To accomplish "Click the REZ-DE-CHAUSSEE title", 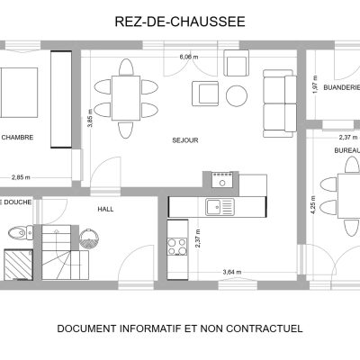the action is (x=180, y=22).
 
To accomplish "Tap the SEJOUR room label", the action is (x=185, y=140).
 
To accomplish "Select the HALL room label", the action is (x=105, y=209).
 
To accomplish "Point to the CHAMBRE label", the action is (x=17, y=138).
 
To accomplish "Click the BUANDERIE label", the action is (x=342, y=87).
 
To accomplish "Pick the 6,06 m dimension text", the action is (x=189, y=57).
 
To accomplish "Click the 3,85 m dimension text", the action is (x=90, y=118).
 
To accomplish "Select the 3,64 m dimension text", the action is (x=232, y=272).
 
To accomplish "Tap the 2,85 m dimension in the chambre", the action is (x=21, y=177).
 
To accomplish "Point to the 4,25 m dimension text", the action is (x=313, y=204).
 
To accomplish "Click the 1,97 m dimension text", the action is (x=315, y=85).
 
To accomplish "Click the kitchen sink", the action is (x=220, y=207).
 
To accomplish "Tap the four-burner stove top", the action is (x=177, y=247).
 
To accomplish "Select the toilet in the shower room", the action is (x=21, y=232).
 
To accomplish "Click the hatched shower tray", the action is (x=18, y=265).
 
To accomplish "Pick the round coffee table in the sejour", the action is (x=237, y=96).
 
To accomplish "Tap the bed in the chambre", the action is (x=19, y=93).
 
